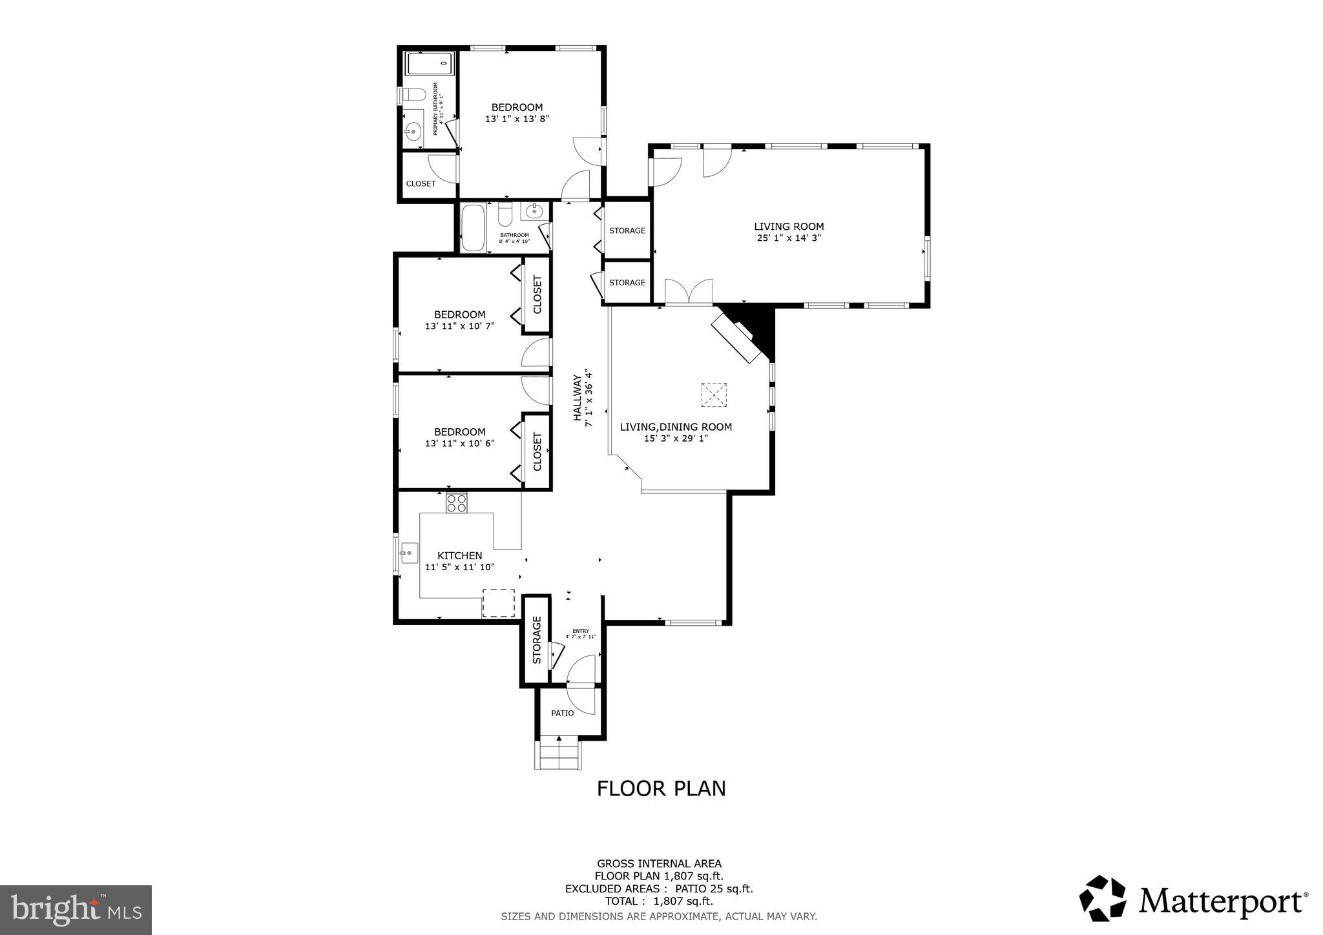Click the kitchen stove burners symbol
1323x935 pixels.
[x=457, y=502]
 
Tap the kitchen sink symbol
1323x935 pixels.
[x=409, y=553]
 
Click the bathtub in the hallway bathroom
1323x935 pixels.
[x=474, y=227]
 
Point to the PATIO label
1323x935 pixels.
[x=562, y=714]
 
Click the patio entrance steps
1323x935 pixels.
[x=558, y=754]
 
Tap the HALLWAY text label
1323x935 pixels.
[x=577, y=398]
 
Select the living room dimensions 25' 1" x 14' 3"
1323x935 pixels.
[x=789, y=238]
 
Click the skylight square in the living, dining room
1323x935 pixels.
[x=714, y=395]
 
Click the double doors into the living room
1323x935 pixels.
[x=689, y=292]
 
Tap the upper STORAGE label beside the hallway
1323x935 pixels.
[x=627, y=231]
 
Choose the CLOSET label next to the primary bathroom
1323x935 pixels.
[x=421, y=183]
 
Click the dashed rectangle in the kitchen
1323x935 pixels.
[x=499, y=602]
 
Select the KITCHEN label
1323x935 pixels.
[x=459, y=555]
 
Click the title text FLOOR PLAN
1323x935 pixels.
[x=661, y=788]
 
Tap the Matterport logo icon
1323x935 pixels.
[x=1102, y=898]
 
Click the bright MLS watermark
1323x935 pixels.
[x=76, y=910]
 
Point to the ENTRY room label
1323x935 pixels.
[x=581, y=631]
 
